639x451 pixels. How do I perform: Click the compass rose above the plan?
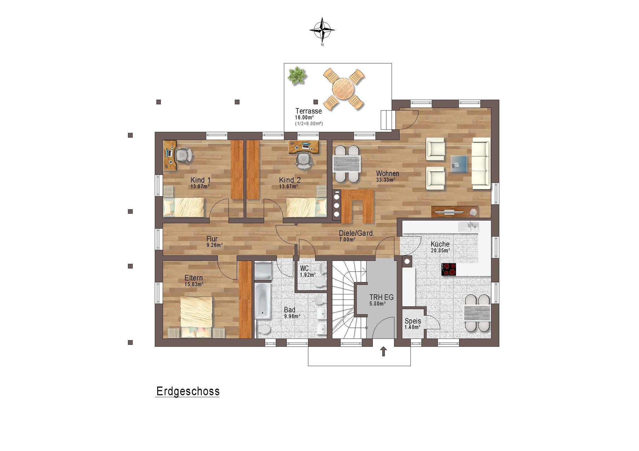tap(322, 30)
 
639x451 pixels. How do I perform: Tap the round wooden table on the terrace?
tap(343, 89)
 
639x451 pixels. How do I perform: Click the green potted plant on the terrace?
tap(297, 76)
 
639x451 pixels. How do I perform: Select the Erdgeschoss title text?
tap(188, 391)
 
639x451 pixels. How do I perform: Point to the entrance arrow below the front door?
tap(383, 351)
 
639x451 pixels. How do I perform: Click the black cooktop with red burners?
tap(449, 269)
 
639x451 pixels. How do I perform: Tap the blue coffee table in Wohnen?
tap(459, 164)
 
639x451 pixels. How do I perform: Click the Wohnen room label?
tap(387, 173)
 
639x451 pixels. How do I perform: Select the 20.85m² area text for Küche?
tap(440, 250)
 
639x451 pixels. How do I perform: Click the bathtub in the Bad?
tap(263, 301)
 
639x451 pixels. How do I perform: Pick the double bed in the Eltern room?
tap(196, 317)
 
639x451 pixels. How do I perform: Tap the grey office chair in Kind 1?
tap(183, 155)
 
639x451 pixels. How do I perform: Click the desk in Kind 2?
tap(303, 146)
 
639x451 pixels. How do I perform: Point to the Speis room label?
tap(413, 321)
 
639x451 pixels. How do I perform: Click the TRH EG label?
tap(381, 297)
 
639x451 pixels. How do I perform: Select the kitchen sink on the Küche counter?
tap(468, 227)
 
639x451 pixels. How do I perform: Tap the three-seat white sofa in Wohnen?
tap(481, 163)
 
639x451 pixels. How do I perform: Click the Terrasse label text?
tap(308, 111)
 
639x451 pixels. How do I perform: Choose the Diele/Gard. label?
tap(356, 233)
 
